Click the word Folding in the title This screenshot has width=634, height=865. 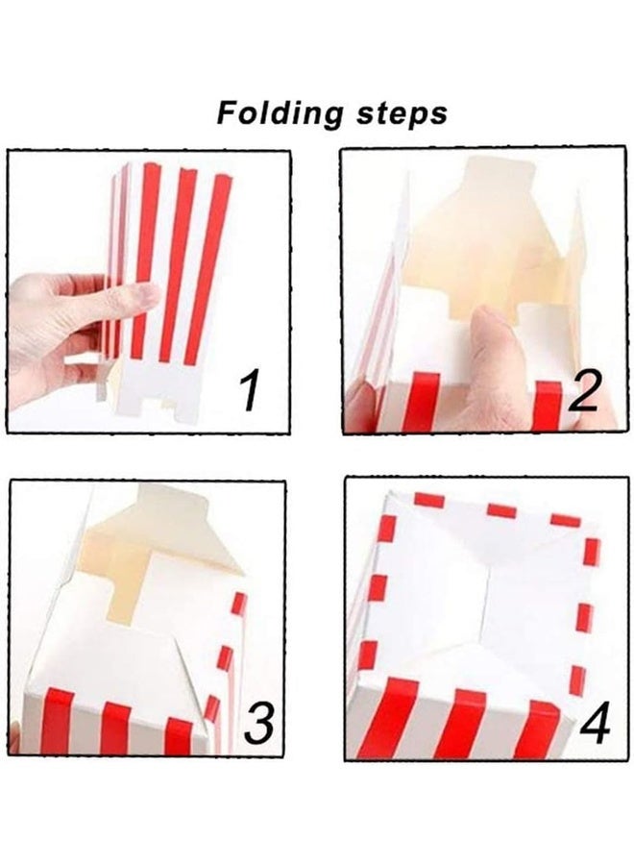click(x=275, y=113)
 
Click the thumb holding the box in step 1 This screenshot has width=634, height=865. click(x=125, y=300)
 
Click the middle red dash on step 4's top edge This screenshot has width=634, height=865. click(x=500, y=510)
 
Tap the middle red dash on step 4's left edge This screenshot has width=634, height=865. click(x=378, y=587)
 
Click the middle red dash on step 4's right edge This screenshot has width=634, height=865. click(x=584, y=617)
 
